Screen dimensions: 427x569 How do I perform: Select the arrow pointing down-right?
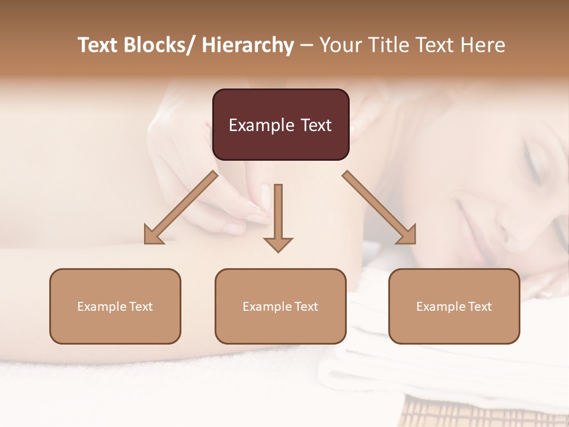tap(379, 208)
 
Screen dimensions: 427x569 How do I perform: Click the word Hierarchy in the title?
tap(248, 46)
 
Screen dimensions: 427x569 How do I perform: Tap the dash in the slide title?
tap(306, 46)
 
